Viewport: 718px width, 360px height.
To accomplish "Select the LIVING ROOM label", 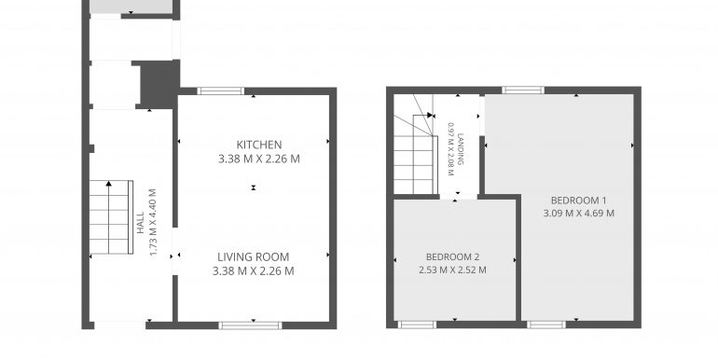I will tap(254, 256).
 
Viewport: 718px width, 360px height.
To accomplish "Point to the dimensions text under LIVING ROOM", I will tap(254, 271).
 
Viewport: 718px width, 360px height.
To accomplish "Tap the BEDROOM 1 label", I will tap(578, 200).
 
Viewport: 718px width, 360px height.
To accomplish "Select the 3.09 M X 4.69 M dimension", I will tap(578, 213).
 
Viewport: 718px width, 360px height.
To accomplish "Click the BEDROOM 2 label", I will tap(452, 256).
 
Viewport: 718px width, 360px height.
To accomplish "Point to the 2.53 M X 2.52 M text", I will tap(452, 270).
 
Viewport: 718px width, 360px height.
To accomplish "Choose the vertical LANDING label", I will tap(461, 142).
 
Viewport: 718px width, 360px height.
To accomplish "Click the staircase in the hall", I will tap(111, 219).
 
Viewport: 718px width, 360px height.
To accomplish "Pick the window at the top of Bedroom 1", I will tap(523, 90).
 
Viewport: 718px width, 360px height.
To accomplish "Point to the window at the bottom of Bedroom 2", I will tap(417, 325).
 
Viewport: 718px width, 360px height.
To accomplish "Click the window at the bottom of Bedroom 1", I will tap(545, 325).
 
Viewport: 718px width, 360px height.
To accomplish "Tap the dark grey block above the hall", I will tap(159, 84).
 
